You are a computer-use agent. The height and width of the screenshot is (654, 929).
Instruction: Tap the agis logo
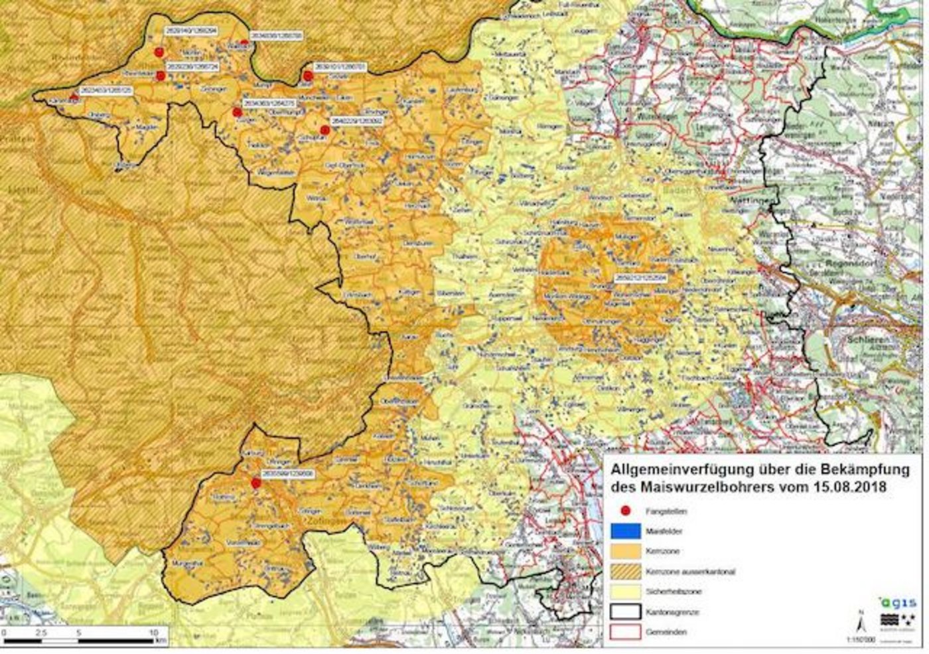click(899, 602)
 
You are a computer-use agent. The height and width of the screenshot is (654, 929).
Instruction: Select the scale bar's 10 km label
click(153, 632)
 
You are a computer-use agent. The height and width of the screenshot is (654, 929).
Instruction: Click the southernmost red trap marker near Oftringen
click(256, 483)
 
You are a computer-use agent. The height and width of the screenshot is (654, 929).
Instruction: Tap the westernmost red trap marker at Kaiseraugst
click(74, 97)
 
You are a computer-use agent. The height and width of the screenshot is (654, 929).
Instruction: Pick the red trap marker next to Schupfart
click(324, 129)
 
